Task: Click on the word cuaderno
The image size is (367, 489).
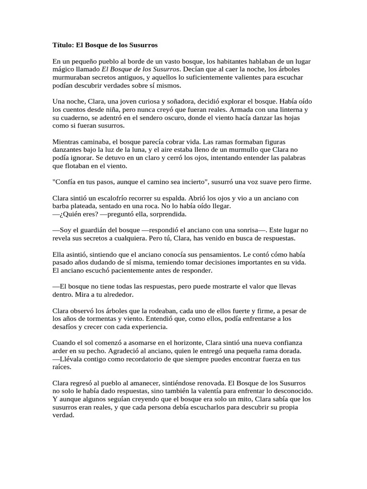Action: [x=78, y=118]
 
